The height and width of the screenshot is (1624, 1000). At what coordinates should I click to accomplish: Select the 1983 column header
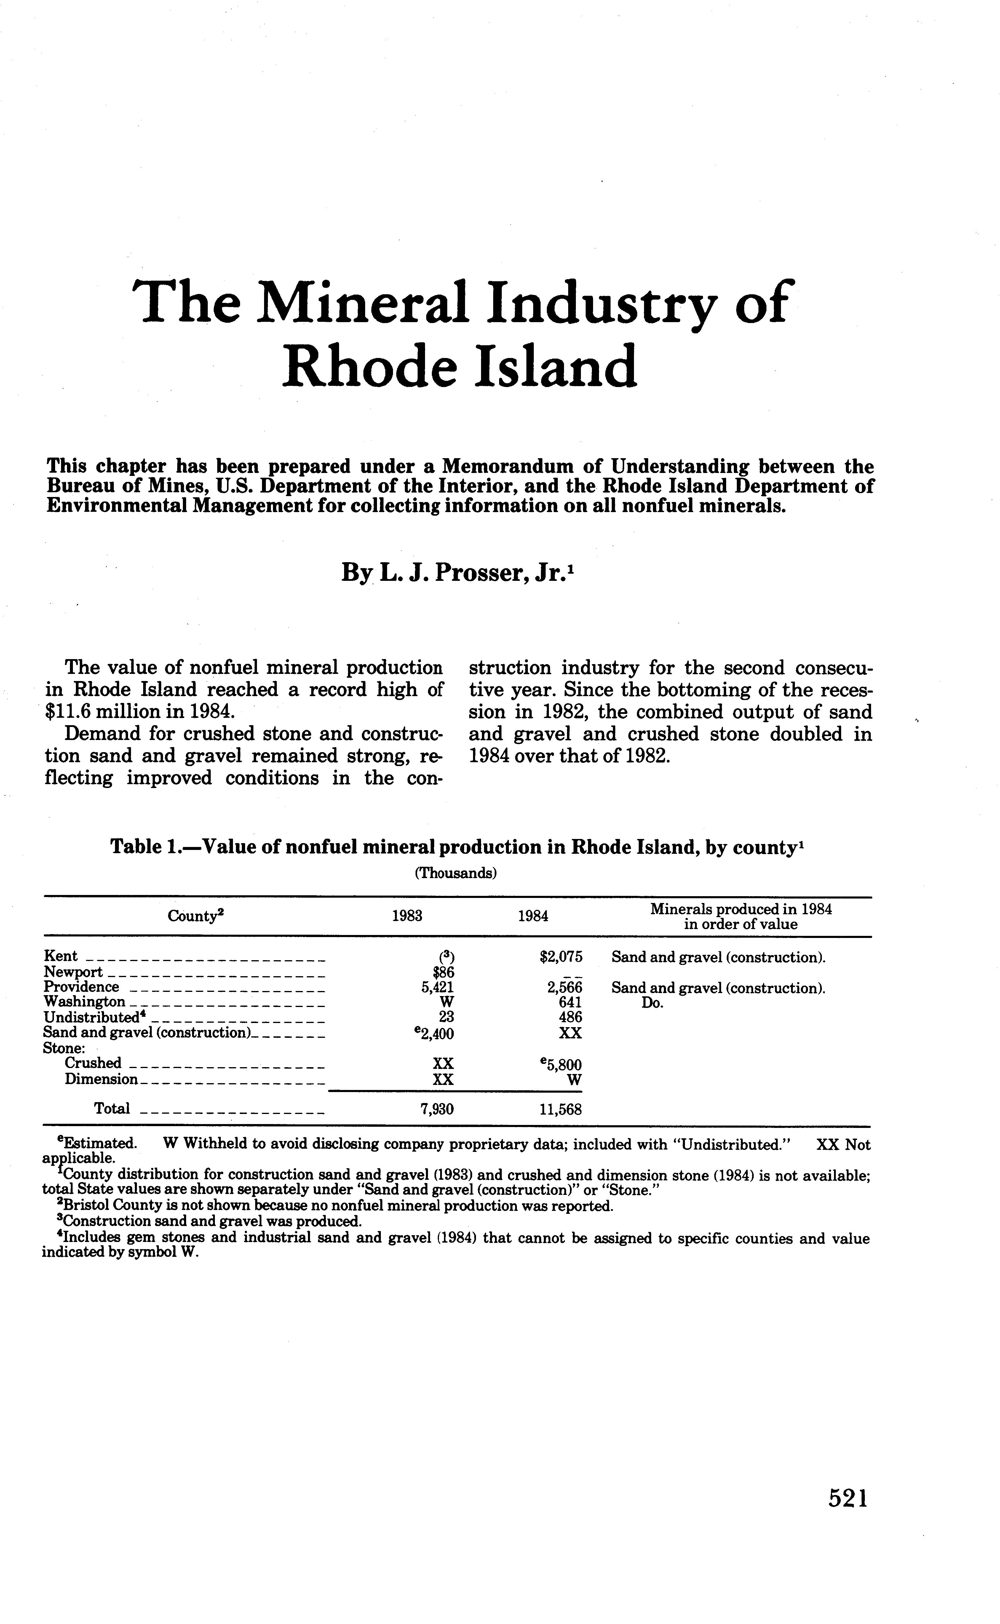407,916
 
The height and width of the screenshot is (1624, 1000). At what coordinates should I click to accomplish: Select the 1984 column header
533,916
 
